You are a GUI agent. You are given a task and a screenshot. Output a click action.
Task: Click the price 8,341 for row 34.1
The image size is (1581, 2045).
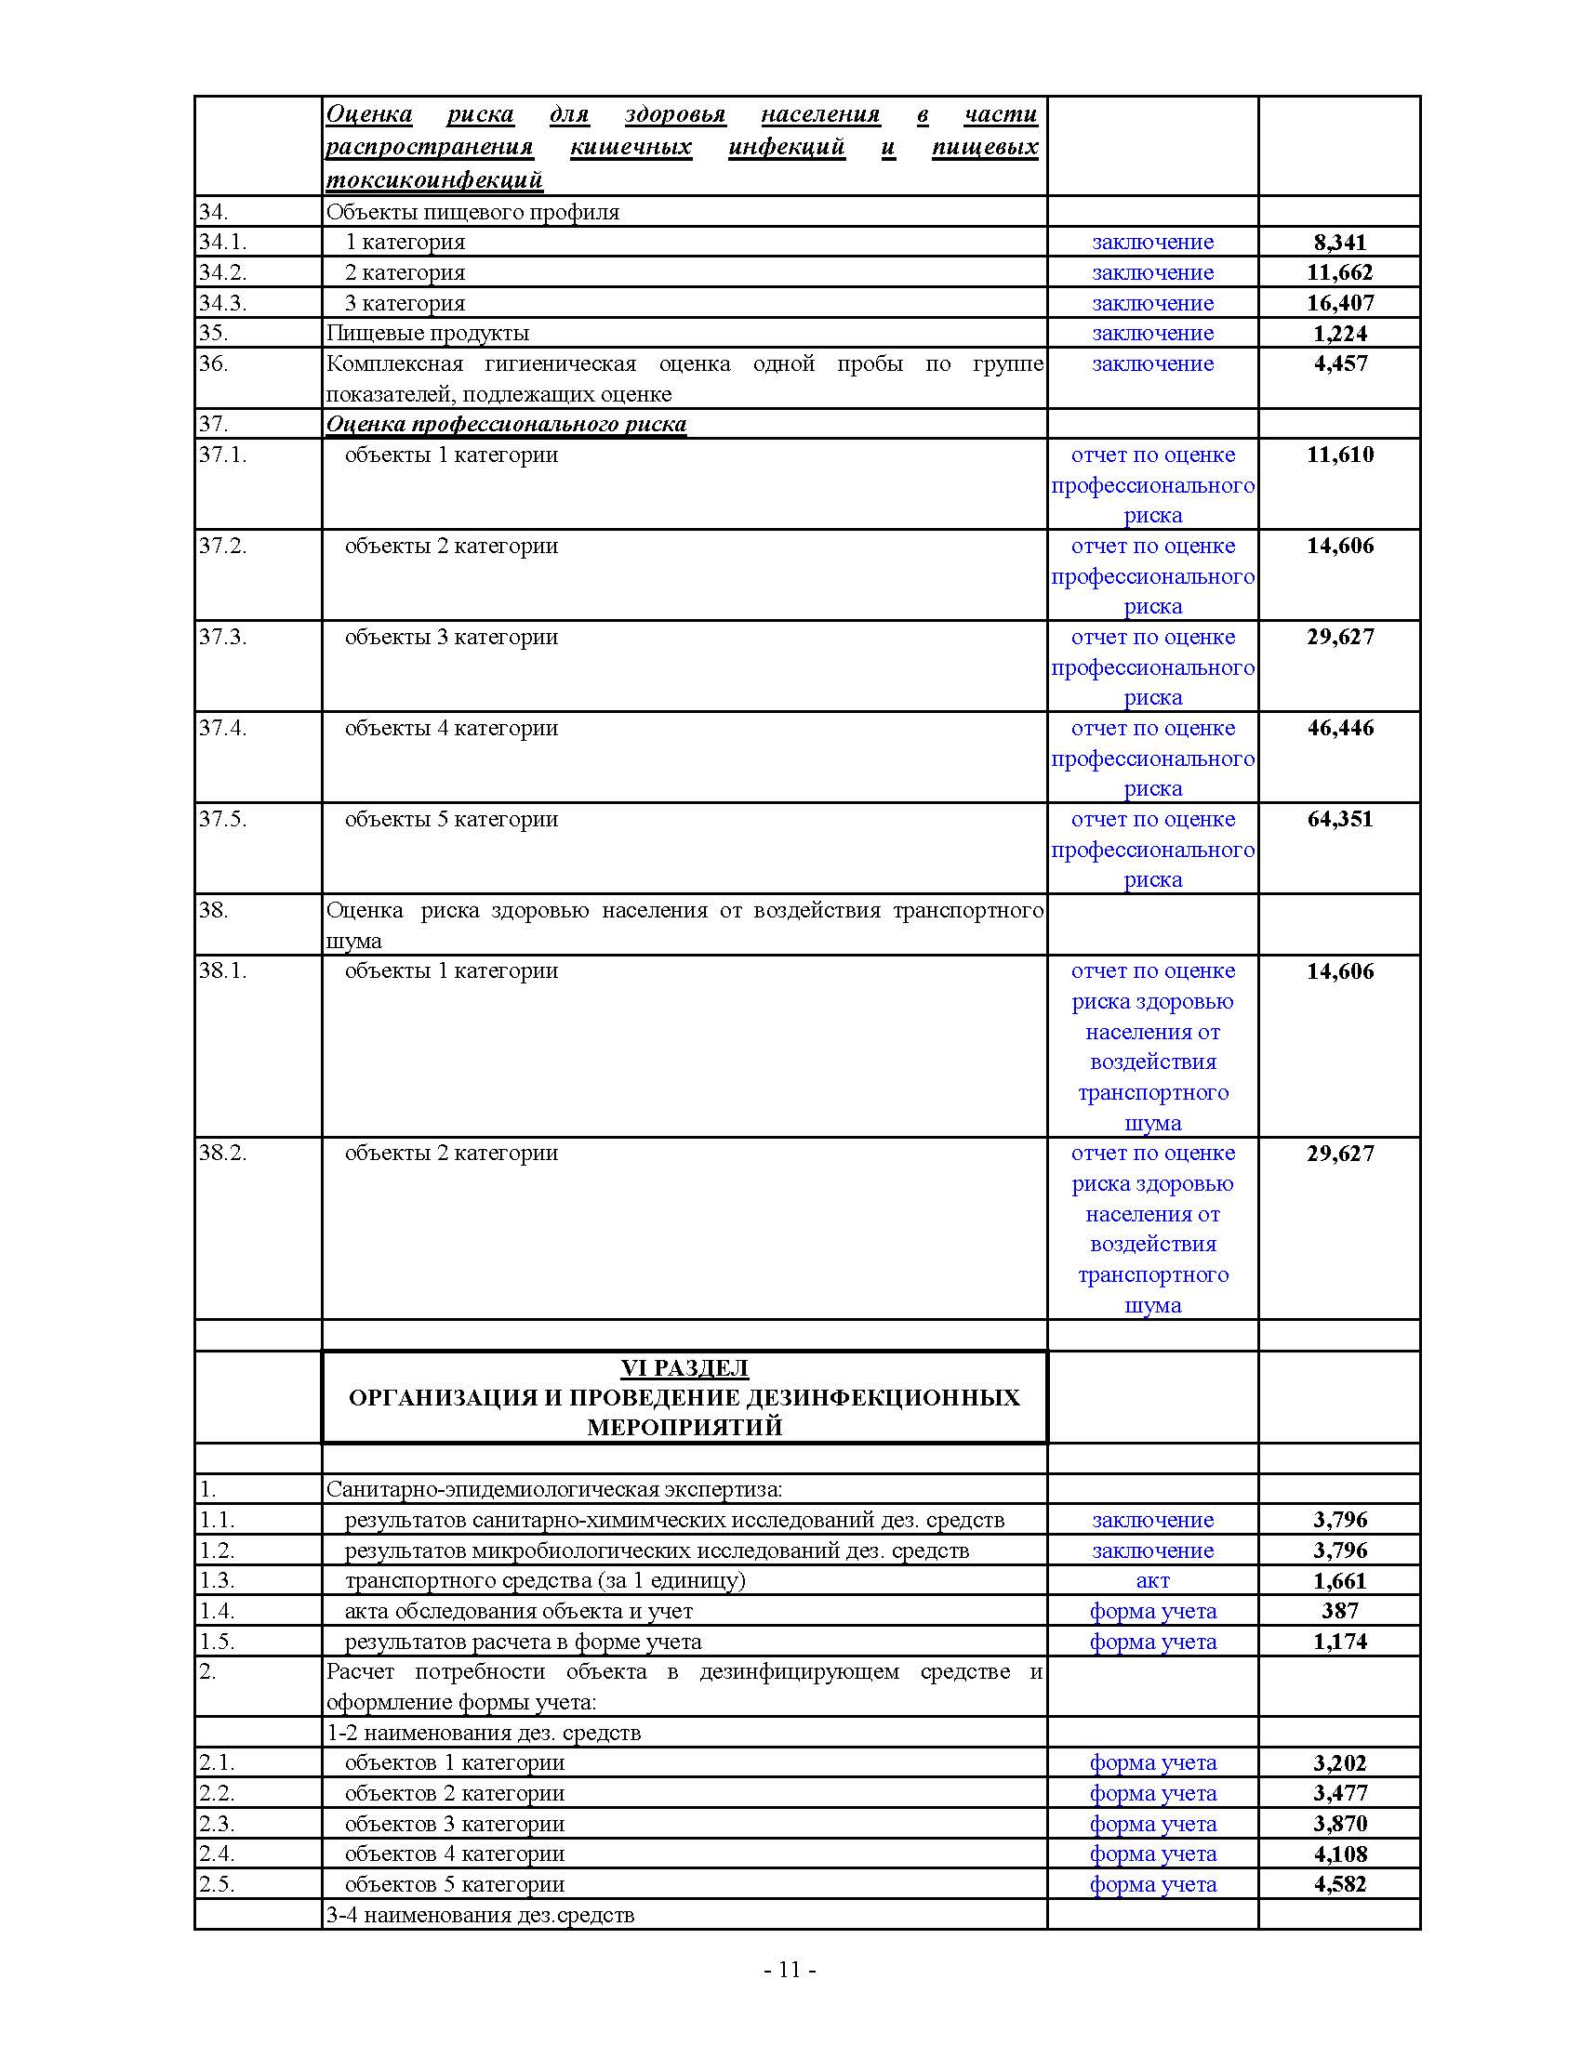point(1339,243)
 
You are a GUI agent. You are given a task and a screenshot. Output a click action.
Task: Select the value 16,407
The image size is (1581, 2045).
point(1339,303)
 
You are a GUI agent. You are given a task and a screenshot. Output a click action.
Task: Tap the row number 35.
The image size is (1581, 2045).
point(213,334)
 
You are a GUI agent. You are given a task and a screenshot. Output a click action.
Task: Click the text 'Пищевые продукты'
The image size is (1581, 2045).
point(427,334)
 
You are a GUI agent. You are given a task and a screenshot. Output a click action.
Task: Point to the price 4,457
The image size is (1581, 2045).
point(1339,364)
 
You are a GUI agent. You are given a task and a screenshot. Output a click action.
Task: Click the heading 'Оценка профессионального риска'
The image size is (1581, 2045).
point(506,424)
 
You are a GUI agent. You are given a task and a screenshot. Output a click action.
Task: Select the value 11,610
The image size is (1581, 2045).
point(1339,455)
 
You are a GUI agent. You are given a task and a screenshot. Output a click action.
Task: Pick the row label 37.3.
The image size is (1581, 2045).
point(222,637)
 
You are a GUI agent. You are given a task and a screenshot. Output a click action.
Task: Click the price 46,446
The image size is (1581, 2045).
point(1339,728)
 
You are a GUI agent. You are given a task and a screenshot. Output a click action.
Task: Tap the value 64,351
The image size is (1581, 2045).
point(1339,819)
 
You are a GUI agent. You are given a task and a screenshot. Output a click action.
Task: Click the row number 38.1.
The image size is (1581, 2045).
point(222,971)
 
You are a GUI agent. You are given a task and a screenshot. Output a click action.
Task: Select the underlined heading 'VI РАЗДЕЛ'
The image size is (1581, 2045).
point(684,1368)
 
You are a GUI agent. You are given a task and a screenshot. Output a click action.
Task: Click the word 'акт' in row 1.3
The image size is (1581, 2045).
point(1152,1580)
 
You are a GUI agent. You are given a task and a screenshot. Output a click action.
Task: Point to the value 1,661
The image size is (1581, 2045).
point(1339,1580)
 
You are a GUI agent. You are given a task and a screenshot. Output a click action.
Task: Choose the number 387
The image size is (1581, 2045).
point(1339,1611)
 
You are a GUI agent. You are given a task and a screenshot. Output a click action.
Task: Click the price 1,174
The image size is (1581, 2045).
point(1339,1642)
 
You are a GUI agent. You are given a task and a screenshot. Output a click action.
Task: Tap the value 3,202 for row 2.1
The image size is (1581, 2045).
point(1339,1763)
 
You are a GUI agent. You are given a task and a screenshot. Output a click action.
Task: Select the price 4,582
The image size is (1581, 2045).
point(1339,1884)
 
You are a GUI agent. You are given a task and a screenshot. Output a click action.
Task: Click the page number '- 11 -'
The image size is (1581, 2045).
point(790,1969)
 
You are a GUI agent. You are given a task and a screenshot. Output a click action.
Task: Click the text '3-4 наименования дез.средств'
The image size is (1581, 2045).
point(480,1915)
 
